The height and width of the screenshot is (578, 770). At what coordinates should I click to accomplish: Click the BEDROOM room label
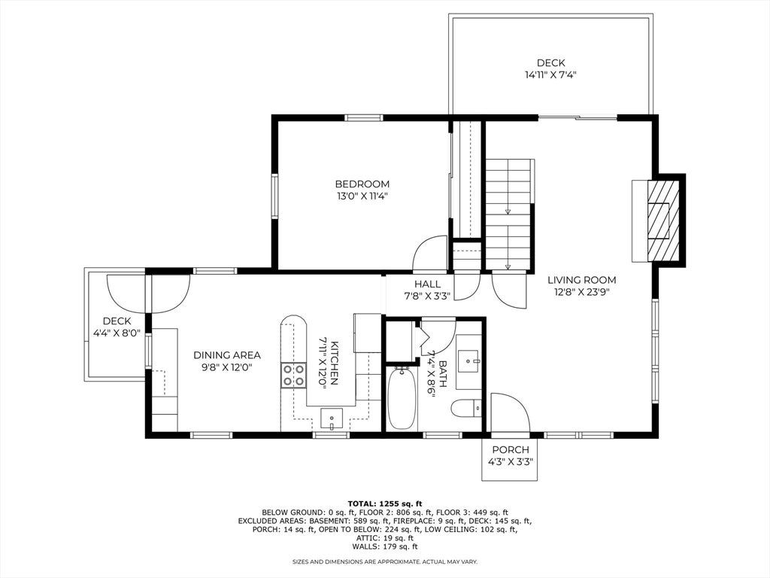pos(362,184)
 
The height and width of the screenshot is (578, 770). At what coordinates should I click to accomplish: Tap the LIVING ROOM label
pos(581,280)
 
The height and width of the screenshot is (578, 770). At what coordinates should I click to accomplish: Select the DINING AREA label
pos(227,355)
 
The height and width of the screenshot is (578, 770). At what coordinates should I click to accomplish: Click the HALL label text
pos(427,284)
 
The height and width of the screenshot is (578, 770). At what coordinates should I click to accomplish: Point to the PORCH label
pos(511,450)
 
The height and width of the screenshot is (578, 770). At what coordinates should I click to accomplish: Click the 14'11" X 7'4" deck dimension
pos(550,75)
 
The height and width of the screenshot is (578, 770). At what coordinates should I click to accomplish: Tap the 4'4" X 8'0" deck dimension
pos(117,333)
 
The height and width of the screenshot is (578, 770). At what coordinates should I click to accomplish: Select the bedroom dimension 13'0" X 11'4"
pos(362,196)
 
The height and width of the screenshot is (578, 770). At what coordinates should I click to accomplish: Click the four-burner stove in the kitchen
pos(294,375)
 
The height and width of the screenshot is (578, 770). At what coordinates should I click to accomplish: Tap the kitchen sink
pos(332,418)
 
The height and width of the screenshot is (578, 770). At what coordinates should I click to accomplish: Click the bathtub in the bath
pos(402,399)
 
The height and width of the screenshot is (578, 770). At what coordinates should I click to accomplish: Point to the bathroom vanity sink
pos(470,362)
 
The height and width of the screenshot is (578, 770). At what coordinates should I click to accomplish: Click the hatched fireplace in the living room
pos(663,221)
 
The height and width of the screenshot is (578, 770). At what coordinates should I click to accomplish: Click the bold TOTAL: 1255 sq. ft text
pos(385,503)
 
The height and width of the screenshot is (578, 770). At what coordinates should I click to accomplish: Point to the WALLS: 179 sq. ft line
pos(385,546)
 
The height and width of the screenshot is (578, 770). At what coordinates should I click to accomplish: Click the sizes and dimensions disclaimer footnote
pos(385,561)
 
